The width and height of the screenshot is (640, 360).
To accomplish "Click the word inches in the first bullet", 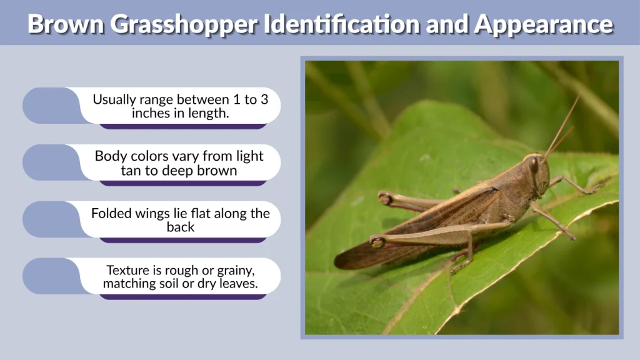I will pos(149,113).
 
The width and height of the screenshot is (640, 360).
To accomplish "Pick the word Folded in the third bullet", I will pos(111,213).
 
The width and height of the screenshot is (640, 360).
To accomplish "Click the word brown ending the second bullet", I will pos(217,170).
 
